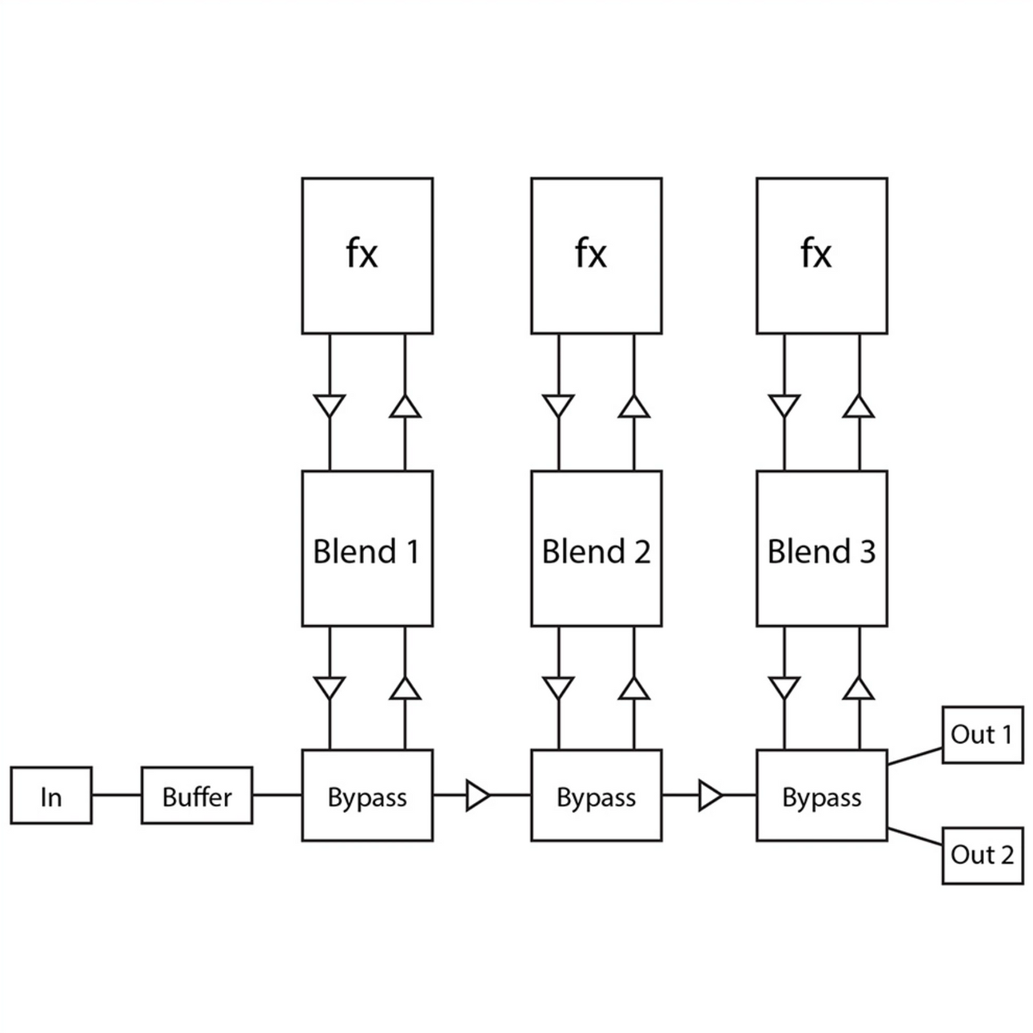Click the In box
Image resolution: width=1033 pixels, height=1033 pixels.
coord(51,796)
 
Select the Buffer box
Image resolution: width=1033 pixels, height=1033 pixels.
coord(197,796)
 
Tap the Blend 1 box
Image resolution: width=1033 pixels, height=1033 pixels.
coord(367,548)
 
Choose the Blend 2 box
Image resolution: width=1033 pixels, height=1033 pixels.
coord(596,548)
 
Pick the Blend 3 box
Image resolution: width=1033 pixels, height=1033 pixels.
coord(821,548)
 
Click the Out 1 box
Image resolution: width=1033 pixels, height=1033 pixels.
coord(982,735)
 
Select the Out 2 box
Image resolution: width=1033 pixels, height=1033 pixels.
coord(982,856)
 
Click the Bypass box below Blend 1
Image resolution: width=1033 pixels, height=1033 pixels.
coord(367,796)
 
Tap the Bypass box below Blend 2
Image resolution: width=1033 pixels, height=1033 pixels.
coord(596,796)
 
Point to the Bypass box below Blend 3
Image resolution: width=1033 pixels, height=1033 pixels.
coord(821,796)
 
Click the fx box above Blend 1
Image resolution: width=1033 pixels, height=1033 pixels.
coord(367,255)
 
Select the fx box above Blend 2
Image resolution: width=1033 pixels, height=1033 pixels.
coord(596,255)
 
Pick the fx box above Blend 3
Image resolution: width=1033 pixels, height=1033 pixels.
coord(821,255)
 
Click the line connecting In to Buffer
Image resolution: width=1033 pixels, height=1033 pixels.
coord(117,795)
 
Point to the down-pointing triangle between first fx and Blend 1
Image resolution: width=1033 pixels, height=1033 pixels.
coord(330,405)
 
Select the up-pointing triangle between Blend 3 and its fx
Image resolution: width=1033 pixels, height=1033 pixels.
coord(859,407)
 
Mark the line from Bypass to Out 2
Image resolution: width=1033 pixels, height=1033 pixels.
coord(914,837)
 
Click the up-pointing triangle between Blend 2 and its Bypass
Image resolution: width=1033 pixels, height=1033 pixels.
coord(634,689)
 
